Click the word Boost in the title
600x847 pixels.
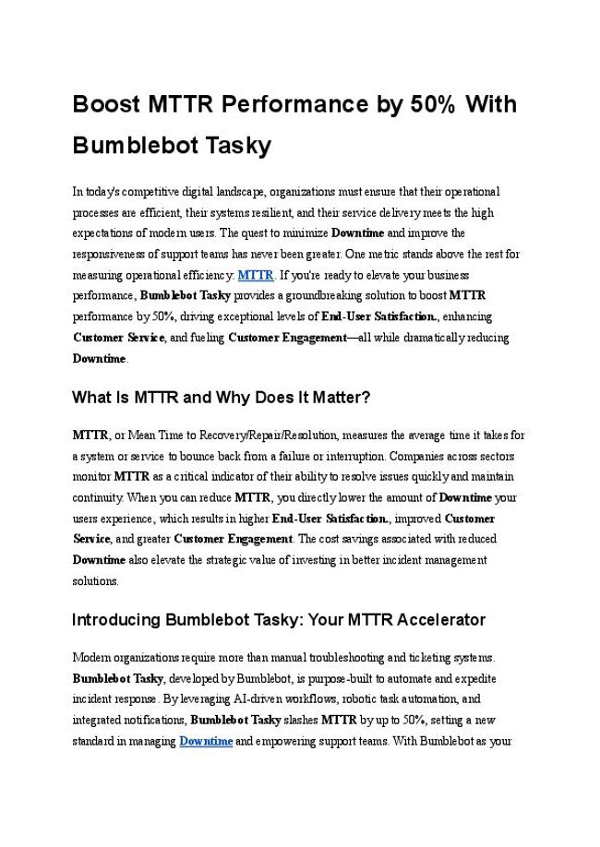[106, 104]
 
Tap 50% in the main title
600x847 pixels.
[430, 104]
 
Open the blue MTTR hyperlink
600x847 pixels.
[256, 275]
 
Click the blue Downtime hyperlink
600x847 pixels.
[206, 741]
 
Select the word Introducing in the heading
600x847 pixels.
[115, 619]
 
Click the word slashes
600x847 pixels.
[302, 721]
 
